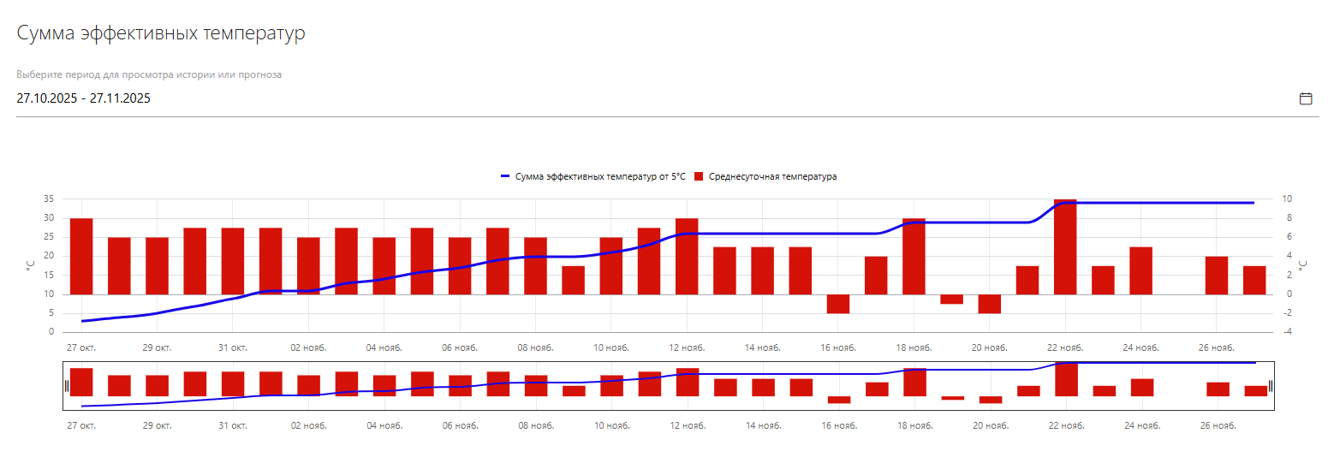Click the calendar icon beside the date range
pos(1306,98)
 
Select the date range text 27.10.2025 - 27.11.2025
pos(84,98)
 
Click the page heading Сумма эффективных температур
pos(161,34)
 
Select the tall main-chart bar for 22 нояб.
pos(1065,246)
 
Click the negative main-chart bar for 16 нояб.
pos(838,304)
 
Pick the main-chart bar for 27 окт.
pos(81,256)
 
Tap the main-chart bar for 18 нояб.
pos(914,256)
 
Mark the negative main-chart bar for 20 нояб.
pos(990,304)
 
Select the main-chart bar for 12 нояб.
pos(687,256)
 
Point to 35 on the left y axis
pos(49,199)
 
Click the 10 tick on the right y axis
pos(1287,199)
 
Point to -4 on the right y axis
pos(1287,332)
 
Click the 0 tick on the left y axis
pos(51,332)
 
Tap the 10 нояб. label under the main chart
pos(611,347)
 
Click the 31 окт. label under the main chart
pos(233,347)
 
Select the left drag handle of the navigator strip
pos(66,386)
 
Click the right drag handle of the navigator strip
pos(1271,386)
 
